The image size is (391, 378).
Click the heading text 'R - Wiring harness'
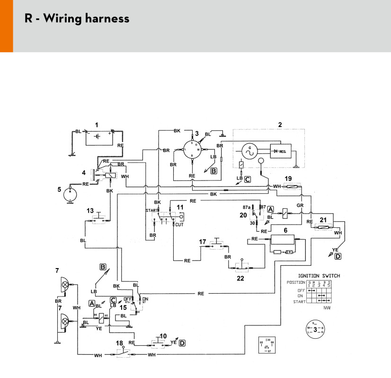point(77,19)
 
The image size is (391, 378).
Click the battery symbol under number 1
point(97,137)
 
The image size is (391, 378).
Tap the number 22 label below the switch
point(240,278)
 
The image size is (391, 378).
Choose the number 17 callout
point(202,242)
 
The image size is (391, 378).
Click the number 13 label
point(89,210)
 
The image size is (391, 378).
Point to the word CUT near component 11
point(179,225)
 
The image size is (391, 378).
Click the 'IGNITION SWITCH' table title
point(319,276)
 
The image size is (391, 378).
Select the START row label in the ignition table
point(298,301)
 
